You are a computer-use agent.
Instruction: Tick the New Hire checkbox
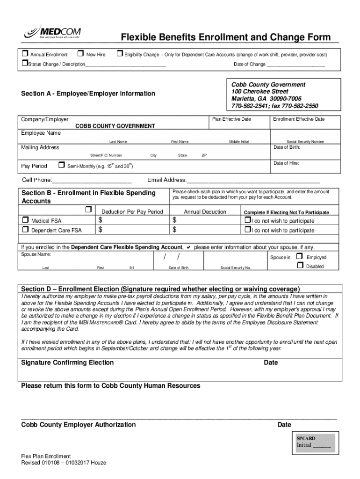tap(80, 55)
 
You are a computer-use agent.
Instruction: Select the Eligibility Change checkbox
tap(119, 55)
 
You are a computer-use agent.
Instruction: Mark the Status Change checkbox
tap(24, 64)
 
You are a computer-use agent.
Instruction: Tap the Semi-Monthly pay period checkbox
tap(61, 165)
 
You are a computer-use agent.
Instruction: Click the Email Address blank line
tap(253, 181)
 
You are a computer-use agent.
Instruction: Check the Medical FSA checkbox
tap(25, 220)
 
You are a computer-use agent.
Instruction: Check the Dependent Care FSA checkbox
tap(25, 230)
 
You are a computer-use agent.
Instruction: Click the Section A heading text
tap(88, 94)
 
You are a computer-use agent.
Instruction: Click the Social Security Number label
tap(305, 142)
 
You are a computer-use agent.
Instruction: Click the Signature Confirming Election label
tap(67, 363)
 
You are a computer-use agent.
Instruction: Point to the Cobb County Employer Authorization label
tap(79, 425)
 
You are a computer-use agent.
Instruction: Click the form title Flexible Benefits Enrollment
tap(226, 37)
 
